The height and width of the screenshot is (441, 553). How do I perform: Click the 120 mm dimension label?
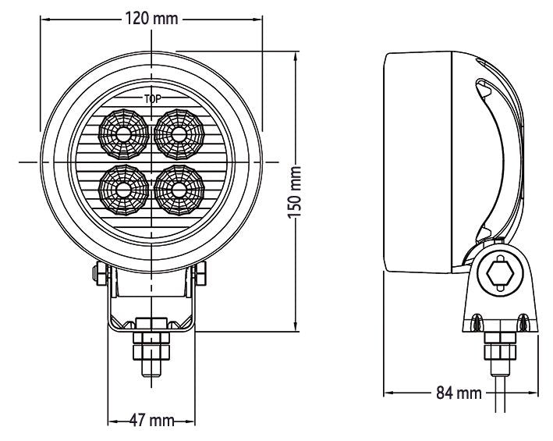pos(151,19)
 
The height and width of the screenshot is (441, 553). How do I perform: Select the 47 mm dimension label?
pos(151,421)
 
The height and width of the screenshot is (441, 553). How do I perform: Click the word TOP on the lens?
pos(151,99)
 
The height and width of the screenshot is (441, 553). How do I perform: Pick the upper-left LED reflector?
pos(123,133)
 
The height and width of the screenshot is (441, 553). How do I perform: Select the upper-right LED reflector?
pos(180,133)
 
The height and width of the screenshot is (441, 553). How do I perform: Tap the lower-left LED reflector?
pos(123,188)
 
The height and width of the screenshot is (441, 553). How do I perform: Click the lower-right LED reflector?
pos(180,188)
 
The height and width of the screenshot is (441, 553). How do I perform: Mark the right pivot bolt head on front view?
pos(203,272)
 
